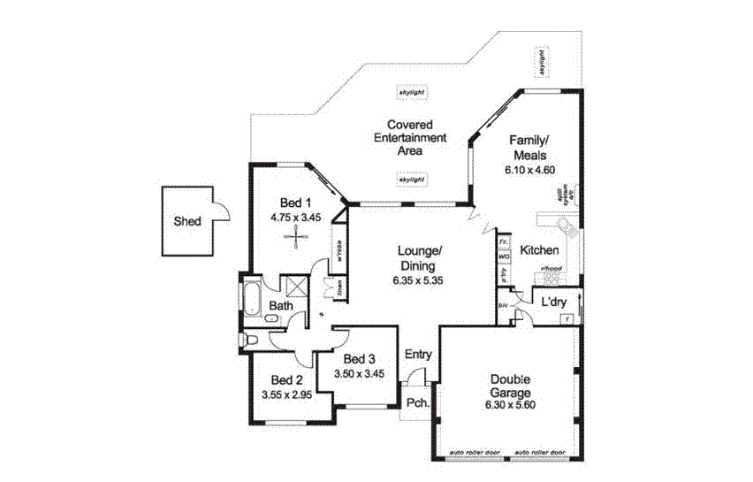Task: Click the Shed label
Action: tap(186, 222)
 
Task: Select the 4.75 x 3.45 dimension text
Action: tap(295, 216)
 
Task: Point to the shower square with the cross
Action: tap(293, 286)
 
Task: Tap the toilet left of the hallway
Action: tap(251, 340)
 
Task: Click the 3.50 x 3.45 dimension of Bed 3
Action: tap(360, 375)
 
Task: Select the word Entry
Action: tap(418, 355)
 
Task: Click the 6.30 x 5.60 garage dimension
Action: tap(510, 405)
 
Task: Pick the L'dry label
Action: tap(554, 302)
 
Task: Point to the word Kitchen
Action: tap(539, 251)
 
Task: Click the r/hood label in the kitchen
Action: tap(552, 268)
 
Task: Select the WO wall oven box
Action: tap(505, 256)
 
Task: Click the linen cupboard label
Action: tap(338, 288)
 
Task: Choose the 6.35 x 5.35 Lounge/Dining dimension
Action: tap(417, 280)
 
